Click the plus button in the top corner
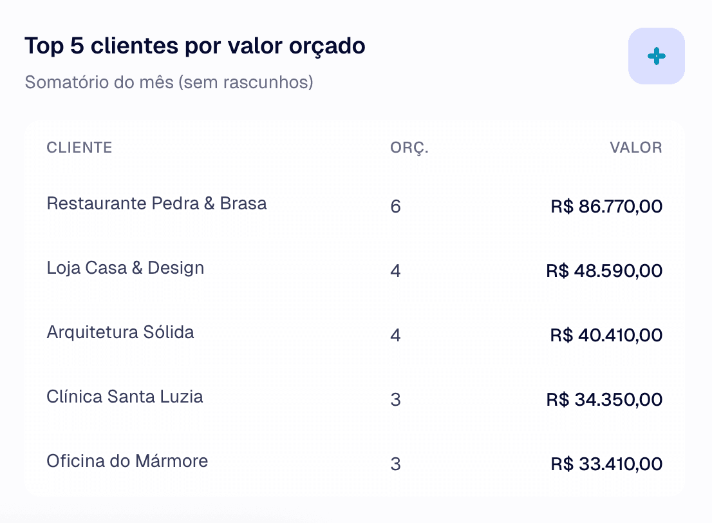coord(656,56)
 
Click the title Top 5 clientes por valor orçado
coord(194,46)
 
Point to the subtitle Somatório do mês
coord(169,83)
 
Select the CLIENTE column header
coord(79,147)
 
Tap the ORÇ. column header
coord(409,148)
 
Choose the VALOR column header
coord(635,147)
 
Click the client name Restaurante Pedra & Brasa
coord(156,204)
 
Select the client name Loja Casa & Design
coord(126,268)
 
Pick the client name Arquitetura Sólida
coord(120,332)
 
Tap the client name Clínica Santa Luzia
coord(125,397)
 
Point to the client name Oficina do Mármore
coord(127,461)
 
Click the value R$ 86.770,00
coord(606,207)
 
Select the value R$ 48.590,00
coord(604,271)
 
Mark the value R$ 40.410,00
coord(606,336)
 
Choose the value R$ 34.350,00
coord(604,400)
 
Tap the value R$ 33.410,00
coord(606,464)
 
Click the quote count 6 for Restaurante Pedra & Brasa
coord(395,207)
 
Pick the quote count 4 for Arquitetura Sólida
coord(395,336)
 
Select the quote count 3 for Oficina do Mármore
coord(395,464)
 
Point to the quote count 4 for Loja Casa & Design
coord(395,271)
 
